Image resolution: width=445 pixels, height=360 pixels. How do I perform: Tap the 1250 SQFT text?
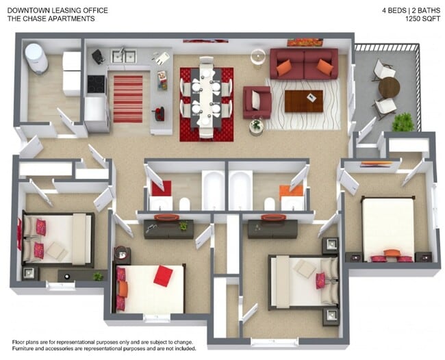(422, 19)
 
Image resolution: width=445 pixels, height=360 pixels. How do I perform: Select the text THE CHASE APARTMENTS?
(51, 19)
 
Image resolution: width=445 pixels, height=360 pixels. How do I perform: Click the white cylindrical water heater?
(36, 57)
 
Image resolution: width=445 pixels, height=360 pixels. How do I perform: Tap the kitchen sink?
(123, 56)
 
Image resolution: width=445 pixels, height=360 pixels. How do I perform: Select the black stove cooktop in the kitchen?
(96, 83)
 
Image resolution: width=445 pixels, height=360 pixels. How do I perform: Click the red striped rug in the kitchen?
(127, 99)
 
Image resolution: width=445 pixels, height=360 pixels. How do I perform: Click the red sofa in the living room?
(303, 64)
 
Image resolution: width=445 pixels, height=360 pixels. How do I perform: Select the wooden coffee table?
(303, 101)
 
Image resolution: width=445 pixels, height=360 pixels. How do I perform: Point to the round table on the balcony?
(389, 87)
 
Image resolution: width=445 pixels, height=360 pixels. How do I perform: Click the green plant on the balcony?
(403, 122)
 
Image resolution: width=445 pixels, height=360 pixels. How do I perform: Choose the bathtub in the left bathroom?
(213, 190)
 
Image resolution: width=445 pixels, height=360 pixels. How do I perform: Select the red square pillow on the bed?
(163, 275)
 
